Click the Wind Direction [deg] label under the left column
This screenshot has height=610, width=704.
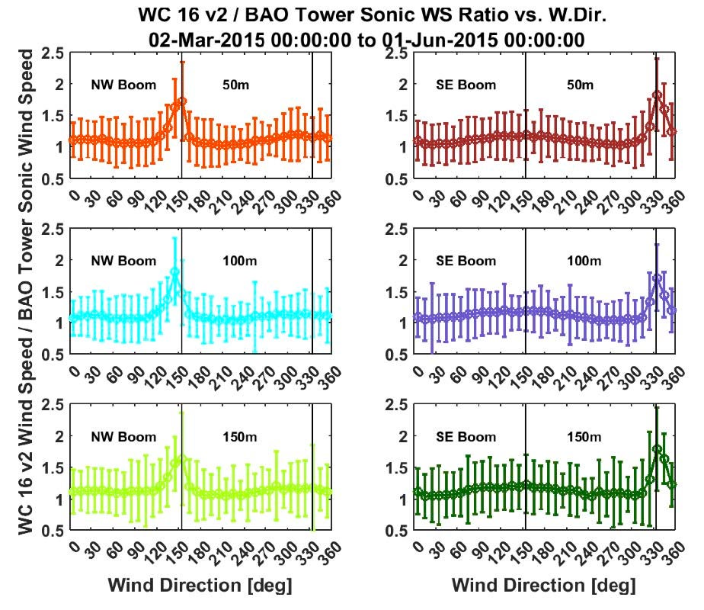(200, 586)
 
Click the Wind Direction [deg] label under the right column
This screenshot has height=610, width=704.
(543, 586)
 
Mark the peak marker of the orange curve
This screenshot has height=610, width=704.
(181, 101)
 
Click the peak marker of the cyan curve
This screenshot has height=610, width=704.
(174, 271)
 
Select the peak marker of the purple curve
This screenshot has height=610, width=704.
(656, 278)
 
